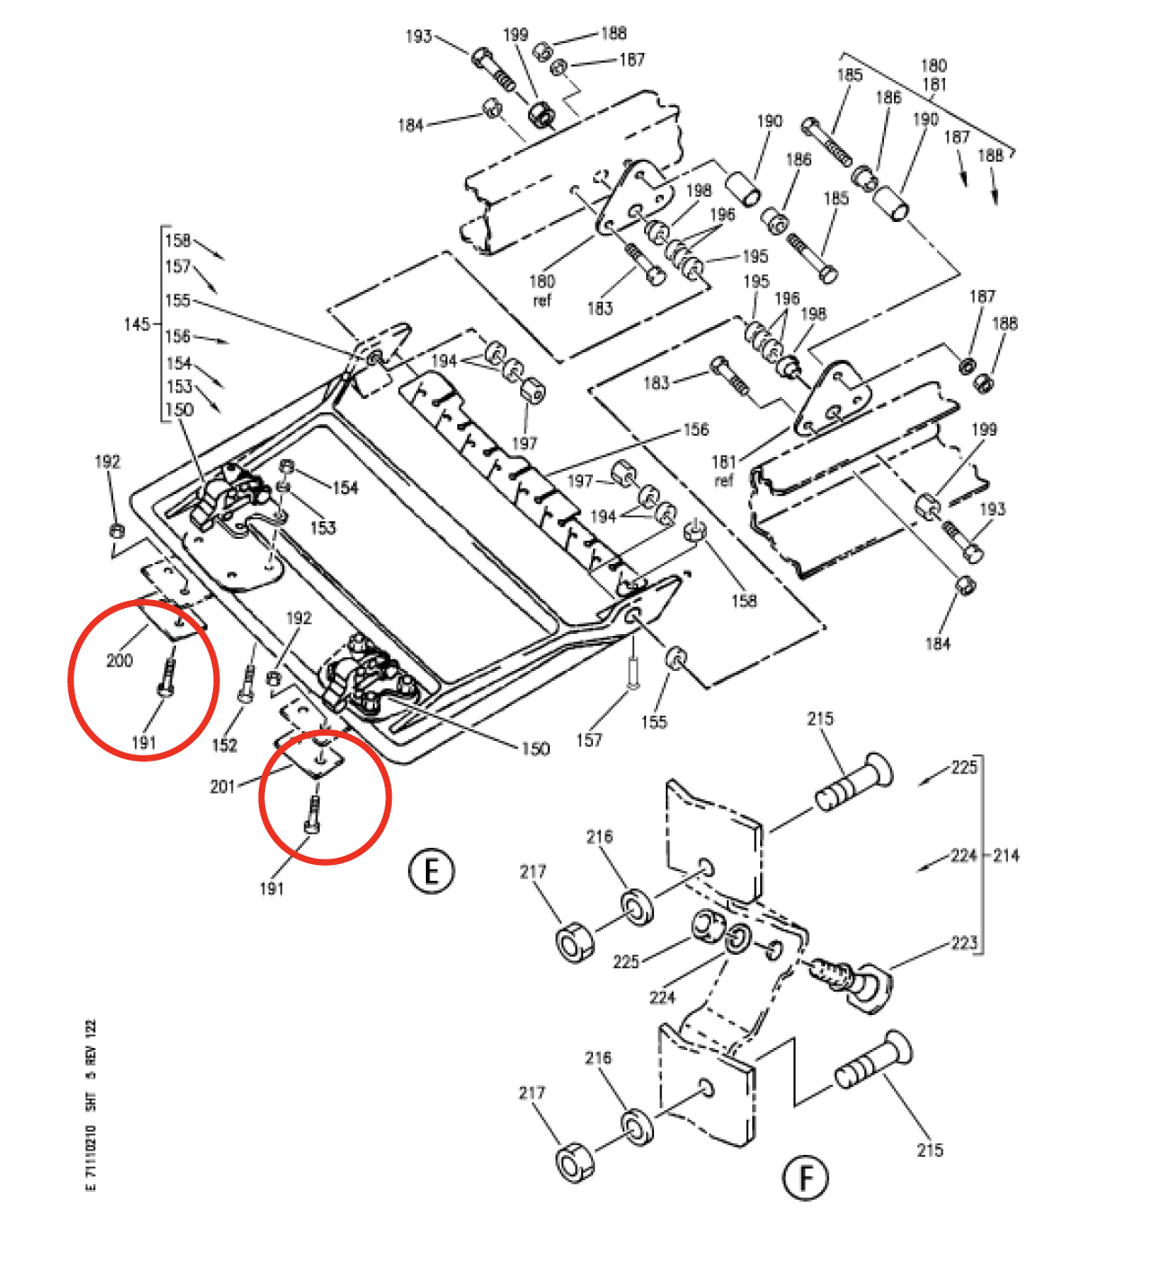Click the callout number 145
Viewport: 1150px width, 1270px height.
tap(137, 323)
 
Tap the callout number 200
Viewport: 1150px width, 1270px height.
tap(119, 661)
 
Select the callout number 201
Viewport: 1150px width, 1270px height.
tap(222, 787)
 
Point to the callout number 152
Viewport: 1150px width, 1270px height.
tap(224, 745)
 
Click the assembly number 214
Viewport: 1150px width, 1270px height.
tap(1006, 855)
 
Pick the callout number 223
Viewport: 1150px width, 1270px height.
tap(964, 942)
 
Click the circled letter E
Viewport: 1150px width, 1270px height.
tap(432, 871)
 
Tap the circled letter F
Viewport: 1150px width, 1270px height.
tap(805, 1177)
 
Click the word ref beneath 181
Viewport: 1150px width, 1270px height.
tap(724, 481)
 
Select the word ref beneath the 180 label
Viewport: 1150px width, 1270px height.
tap(542, 300)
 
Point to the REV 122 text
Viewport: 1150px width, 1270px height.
tap(91, 1041)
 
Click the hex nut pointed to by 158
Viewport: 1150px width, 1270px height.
tap(694, 531)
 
